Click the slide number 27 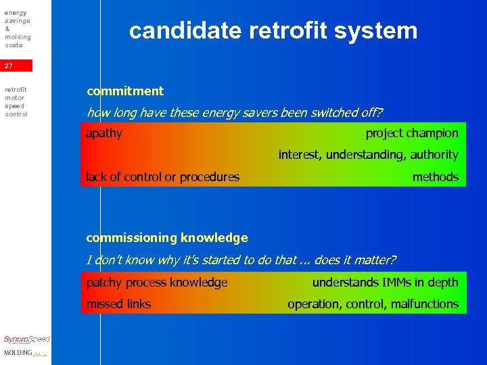(x=8, y=66)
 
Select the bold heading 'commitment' (x=125, y=91)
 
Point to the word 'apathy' (x=104, y=133)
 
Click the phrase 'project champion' (x=412, y=133)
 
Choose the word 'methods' (x=436, y=177)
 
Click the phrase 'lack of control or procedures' (x=162, y=177)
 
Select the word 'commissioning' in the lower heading (x=131, y=238)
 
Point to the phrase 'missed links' (x=118, y=304)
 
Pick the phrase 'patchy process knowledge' (x=157, y=283)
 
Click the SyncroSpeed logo (x=26, y=340)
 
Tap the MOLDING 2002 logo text (x=25, y=353)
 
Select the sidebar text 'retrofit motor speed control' (x=16, y=102)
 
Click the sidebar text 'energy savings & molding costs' (x=18, y=29)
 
